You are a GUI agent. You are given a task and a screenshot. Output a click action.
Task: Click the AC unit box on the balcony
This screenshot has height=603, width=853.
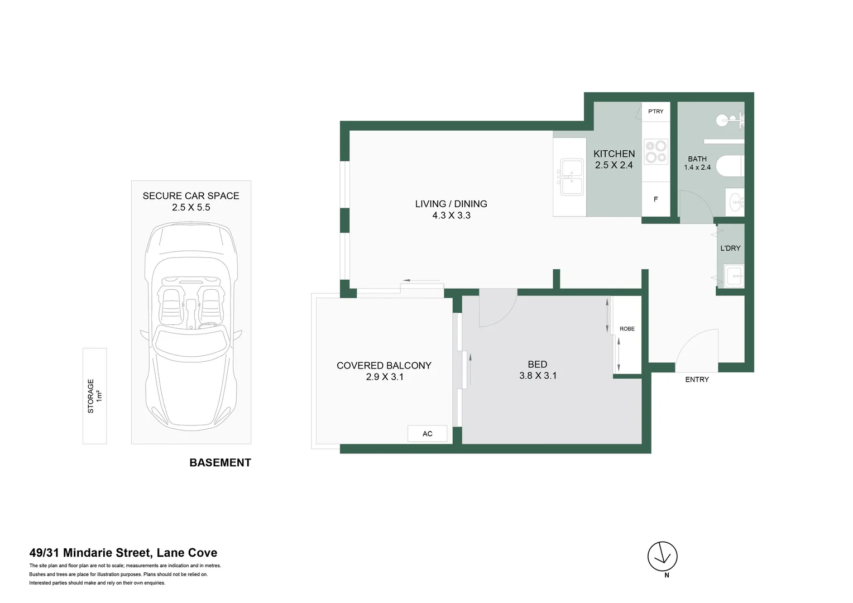coord(427,434)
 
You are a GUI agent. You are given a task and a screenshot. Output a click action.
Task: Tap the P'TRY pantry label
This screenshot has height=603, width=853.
coord(655,112)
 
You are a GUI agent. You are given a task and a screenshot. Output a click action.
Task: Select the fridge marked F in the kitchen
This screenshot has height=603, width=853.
coord(655,199)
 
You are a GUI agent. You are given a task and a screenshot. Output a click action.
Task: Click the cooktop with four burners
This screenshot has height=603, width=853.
coord(655,151)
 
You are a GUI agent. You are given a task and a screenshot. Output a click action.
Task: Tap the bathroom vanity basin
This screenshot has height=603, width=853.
coord(736,201)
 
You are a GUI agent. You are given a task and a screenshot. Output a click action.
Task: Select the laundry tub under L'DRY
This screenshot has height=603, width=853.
coord(734,275)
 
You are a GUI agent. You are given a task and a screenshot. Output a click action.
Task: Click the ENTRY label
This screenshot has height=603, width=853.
coord(697,380)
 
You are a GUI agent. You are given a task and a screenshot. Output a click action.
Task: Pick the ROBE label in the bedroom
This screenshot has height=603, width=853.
coord(627,329)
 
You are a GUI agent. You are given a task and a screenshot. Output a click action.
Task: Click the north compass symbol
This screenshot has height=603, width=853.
coord(662,557)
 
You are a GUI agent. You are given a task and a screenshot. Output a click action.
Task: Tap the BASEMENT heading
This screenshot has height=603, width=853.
coord(220,463)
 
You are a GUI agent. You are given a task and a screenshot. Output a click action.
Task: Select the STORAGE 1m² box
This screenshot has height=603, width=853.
coord(94,396)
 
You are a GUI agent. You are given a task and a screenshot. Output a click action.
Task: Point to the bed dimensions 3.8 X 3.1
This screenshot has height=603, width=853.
coord(538,376)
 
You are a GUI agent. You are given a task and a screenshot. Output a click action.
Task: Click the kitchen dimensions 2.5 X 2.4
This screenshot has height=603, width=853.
coord(614,165)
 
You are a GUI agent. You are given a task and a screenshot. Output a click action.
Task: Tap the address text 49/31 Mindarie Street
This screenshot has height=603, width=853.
coord(123,553)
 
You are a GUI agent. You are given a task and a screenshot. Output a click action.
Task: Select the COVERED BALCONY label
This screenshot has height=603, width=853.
coord(384,366)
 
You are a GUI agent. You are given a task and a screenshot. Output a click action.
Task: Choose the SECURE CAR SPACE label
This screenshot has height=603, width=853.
coord(190,196)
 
